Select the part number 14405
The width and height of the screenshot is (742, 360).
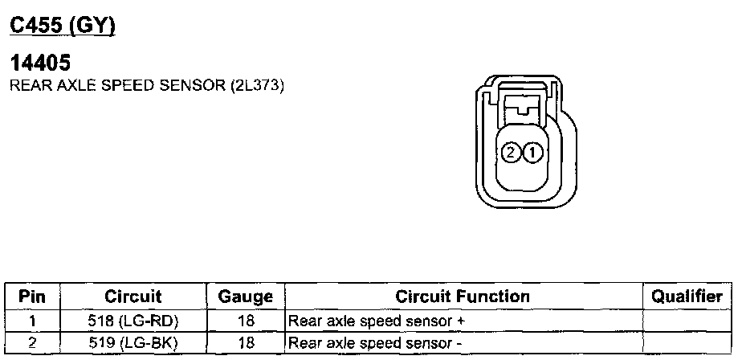40,63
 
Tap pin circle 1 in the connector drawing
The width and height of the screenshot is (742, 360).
534,152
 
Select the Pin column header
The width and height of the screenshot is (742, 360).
32,297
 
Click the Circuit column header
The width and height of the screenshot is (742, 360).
132,297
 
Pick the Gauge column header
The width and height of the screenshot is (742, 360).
246,297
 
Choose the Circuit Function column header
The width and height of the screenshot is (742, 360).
463,297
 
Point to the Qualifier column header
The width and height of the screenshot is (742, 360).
687,297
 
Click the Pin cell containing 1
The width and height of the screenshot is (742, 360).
32,321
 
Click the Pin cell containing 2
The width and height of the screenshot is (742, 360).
32,343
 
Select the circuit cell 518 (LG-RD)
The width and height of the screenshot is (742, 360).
132,321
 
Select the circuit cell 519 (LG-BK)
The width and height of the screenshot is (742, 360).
132,343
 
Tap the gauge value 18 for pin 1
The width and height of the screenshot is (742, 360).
246,321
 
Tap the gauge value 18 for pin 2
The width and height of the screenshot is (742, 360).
246,343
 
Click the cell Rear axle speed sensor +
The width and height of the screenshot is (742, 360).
377,321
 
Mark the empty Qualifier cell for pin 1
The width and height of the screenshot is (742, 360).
687,321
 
